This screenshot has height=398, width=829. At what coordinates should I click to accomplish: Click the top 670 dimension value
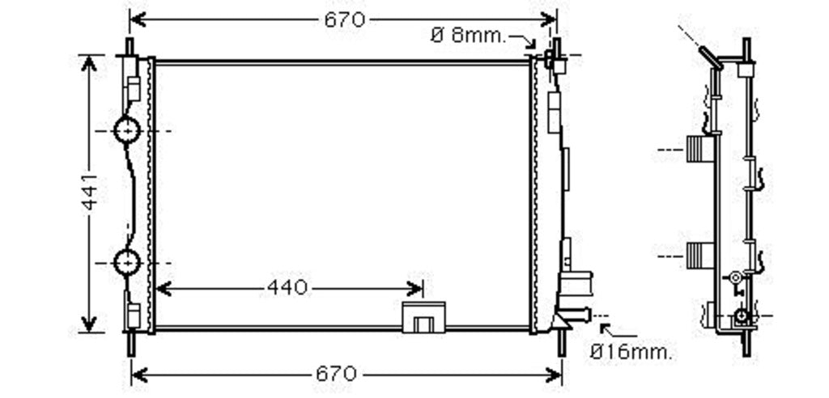point(344,20)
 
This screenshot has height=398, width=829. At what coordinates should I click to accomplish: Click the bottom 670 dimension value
point(336,375)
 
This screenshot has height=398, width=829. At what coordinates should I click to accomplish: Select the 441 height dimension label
point(90,192)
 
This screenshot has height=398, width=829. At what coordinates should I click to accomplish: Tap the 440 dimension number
point(287,288)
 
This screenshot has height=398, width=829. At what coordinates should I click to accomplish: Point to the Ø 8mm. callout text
point(469,36)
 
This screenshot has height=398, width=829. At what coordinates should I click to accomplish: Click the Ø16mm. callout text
point(632,352)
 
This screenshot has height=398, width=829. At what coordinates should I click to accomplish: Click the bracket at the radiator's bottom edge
point(423,316)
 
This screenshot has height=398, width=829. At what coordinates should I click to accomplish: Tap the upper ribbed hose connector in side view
point(699,149)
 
